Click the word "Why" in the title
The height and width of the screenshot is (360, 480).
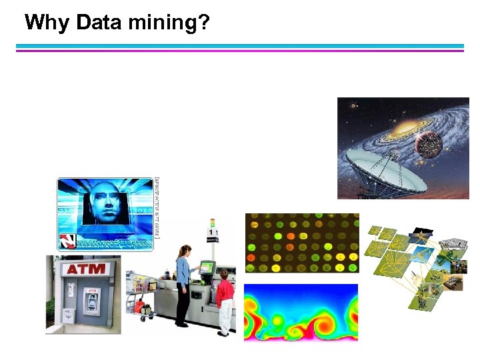(x=47, y=23)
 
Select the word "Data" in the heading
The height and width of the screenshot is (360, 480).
(x=99, y=23)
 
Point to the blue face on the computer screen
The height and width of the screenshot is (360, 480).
(x=104, y=203)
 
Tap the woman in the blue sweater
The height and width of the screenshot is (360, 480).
(x=183, y=283)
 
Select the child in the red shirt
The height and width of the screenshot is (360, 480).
(x=225, y=300)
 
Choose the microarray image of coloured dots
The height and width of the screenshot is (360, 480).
(x=301, y=243)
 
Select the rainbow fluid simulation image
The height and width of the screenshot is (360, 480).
(x=301, y=312)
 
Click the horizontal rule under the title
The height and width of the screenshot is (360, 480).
(x=240, y=48)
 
